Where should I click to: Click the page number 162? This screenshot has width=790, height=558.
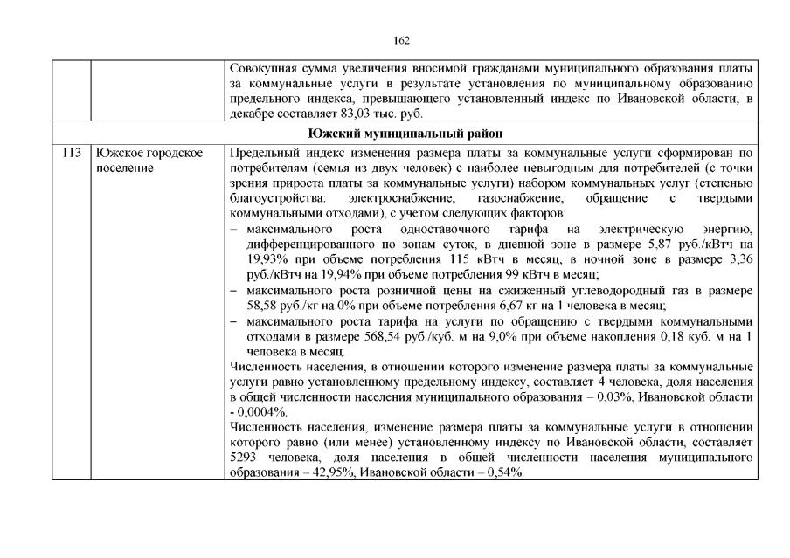click(401, 40)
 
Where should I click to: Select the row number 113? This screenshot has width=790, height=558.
click(72, 153)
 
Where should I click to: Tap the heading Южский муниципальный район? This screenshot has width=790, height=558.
click(405, 133)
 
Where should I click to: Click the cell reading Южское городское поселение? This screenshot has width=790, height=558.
click(149, 160)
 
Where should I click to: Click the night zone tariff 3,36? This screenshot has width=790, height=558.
click(741, 259)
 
